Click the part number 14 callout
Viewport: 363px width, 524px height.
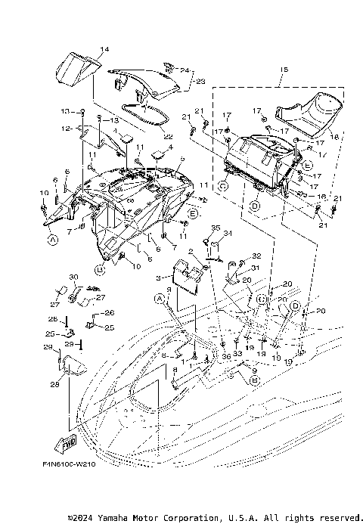[x=104, y=49]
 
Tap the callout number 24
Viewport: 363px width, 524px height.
[x=185, y=70]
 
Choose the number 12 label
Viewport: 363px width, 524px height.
[x=77, y=129]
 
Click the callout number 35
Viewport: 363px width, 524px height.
[x=215, y=228]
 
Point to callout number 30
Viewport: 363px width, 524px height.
[x=74, y=277]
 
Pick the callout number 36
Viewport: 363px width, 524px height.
[x=225, y=356]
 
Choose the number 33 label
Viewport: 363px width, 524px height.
[x=237, y=353]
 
